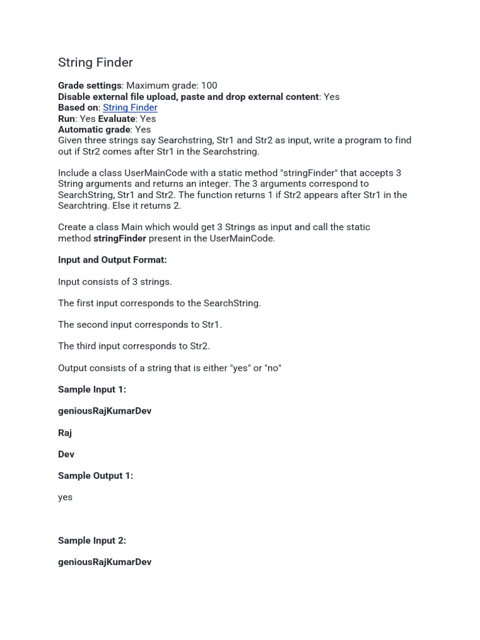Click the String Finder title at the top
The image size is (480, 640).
96,62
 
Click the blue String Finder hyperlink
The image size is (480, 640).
130,107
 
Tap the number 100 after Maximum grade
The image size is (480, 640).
209,86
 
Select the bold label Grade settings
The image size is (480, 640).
89,86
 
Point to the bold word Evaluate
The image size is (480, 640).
116,119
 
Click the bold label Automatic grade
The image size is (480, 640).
94,129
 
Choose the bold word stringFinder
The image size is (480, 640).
119,238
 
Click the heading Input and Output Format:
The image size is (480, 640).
112,260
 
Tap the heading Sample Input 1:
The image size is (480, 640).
92,389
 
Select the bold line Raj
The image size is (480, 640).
65,432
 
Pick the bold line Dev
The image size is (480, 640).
66,454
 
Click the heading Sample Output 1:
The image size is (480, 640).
96,476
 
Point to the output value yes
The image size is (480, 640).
65,497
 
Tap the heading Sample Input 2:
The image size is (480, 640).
92,541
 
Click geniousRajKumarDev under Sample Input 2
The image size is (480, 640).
104,562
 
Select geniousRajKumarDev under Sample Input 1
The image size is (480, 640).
104,411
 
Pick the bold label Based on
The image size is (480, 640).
78,107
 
